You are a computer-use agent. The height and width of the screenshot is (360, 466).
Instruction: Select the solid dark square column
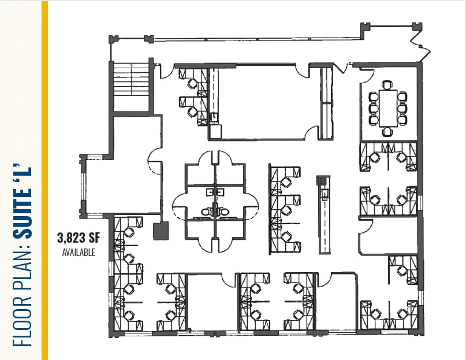pos(159,232)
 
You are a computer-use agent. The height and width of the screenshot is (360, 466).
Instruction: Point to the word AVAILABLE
pos(78,252)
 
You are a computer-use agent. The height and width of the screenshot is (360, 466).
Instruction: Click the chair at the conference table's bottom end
pos(386,132)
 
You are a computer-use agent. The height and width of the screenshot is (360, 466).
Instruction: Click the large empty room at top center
pos(263,101)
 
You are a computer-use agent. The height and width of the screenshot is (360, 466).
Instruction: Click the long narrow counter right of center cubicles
pos(323,214)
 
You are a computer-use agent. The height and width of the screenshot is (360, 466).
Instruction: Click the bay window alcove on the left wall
pos(92,185)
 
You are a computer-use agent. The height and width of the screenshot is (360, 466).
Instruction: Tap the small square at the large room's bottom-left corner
pos(215,131)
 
